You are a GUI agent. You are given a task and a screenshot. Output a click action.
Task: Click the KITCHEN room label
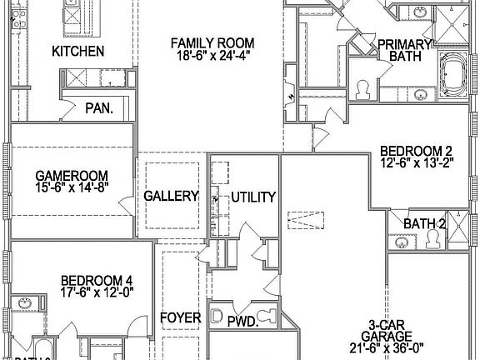[x=78, y=52]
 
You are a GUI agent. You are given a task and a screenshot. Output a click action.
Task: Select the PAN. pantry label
[x=99, y=107]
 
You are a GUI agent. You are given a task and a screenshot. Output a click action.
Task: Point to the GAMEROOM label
[x=72, y=175]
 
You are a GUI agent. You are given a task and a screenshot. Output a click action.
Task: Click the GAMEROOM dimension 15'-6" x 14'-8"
[x=72, y=187]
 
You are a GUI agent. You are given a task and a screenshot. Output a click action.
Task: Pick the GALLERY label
[x=171, y=197]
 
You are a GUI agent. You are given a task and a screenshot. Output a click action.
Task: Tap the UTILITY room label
[x=253, y=197]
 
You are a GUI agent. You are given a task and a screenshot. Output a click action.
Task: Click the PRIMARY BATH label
[x=404, y=50]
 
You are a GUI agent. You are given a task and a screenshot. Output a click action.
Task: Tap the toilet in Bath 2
[x=434, y=241]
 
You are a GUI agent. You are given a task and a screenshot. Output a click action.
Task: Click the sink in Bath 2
[x=403, y=243]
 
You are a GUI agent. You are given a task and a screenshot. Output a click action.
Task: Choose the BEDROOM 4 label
[x=96, y=280]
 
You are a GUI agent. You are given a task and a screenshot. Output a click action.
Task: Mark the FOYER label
[x=180, y=317]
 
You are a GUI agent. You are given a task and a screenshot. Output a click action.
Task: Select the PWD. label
[x=242, y=321]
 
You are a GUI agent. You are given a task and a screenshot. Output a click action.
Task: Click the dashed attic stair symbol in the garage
[x=305, y=221]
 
